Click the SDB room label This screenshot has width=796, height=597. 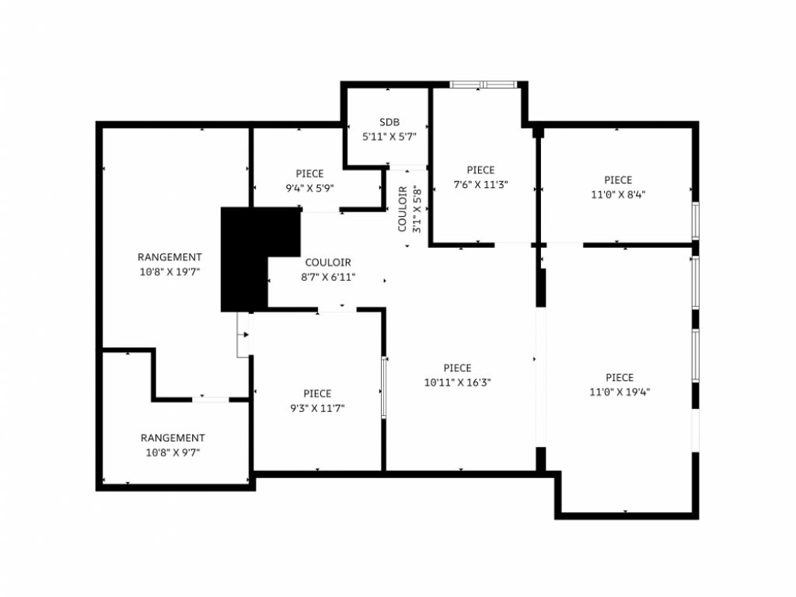click(389, 122)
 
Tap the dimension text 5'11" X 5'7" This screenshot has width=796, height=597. click(389, 137)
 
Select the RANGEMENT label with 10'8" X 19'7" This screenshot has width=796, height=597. click(169, 257)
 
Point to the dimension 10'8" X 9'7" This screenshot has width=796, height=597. click(173, 452)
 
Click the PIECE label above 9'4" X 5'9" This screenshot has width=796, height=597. click(309, 173)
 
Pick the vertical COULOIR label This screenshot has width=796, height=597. click(403, 209)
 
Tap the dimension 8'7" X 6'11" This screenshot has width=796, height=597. click(328, 278)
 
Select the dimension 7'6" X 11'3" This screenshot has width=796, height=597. click(480, 185)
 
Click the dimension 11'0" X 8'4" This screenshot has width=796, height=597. click(618, 194)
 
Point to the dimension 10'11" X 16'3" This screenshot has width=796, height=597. click(457, 382)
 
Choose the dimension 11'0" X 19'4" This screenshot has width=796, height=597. click(620, 392)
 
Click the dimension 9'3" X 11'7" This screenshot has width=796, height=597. click(317, 408)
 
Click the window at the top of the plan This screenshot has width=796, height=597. click(484, 84)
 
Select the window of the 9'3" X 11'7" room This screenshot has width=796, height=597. click(384, 387)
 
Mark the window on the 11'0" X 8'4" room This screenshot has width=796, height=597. click(696, 221)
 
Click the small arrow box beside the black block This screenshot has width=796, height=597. click(243, 334)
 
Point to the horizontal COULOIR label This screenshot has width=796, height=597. click(328, 263)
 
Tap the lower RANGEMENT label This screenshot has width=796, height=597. click(173, 438)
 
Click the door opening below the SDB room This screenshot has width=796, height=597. click(407, 168)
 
